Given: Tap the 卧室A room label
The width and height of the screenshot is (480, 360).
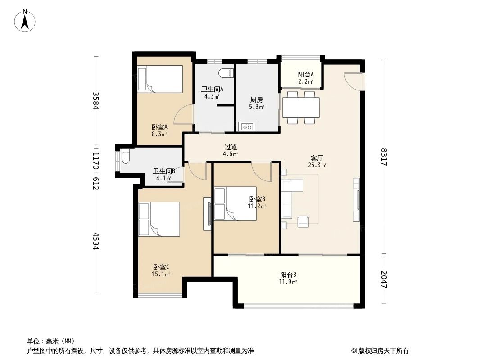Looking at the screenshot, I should (x=159, y=130).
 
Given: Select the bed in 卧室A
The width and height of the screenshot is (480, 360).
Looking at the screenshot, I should (x=160, y=79).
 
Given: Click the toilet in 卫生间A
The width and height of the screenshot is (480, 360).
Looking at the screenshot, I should (x=226, y=73).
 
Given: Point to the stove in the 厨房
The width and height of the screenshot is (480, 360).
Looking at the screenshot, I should (x=247, y=126).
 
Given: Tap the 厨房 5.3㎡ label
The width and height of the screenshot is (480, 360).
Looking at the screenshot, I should (x=256, y=103).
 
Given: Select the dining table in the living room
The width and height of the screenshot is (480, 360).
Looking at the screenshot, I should (x=301, y=107).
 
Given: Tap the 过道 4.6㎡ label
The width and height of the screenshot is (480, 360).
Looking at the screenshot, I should (x=231, y=150).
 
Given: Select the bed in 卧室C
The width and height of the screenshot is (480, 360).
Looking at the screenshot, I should (x=159, y=219).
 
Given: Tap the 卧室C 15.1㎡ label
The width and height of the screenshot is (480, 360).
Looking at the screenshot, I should (x=161, y=270).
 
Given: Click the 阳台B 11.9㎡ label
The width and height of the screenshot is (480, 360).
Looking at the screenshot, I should (x=288, y=278).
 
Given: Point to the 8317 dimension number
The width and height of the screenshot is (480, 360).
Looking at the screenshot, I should (x=384, y=157).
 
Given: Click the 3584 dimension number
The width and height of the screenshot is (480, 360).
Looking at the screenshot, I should (x=95, y=101).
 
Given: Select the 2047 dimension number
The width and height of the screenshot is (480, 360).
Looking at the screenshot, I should (x=384, y=279).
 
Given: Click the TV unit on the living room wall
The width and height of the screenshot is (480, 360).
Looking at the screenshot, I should (x=357, y=200).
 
